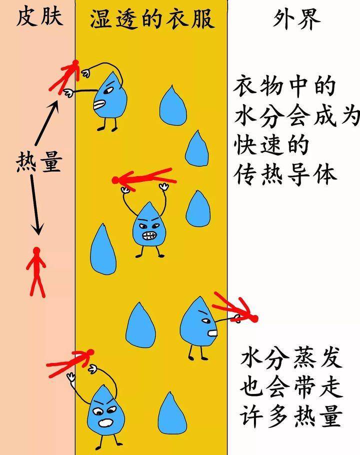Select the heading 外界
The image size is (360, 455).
click(x=296, y=19)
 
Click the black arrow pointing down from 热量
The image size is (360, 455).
click(x=35, y=205)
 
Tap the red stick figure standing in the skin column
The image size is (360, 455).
click(x=36, y=272)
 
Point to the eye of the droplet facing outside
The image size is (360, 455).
click(x=205, y=320)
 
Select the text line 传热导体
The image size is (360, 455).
click(x=285, y=174)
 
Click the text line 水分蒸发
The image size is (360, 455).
click(x=290, y=358)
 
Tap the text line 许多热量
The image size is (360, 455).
click(x=290, y=416)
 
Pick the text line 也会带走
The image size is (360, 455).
click(x=291, y=387)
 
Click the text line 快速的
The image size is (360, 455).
click(x=271, y=145)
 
